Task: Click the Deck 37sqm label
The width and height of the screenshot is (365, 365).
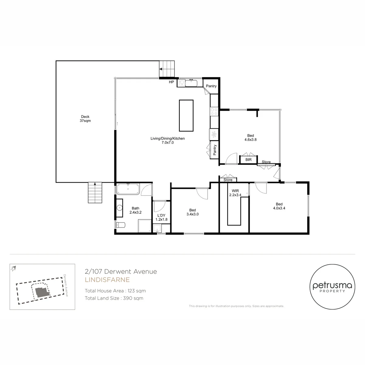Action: coord(85,119)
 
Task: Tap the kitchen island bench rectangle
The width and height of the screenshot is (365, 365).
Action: coord(186,116)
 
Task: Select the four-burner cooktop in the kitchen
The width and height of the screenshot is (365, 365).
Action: coord(214,111)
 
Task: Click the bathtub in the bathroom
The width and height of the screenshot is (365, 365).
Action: coord(128,189)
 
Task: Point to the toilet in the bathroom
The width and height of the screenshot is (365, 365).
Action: coord(120,225)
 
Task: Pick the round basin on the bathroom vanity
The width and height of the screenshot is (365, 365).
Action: coord(120,208)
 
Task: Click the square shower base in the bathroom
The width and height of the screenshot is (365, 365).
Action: coord(145,226)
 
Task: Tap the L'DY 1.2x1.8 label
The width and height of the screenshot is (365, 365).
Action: coord(162,217)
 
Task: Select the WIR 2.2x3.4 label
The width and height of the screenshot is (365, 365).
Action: coord(235,193)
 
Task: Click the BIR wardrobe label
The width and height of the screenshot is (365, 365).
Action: coord(248,160)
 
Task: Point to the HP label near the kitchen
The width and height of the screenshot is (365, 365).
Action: coord(171,82)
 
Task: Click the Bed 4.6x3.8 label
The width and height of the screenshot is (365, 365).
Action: coord(250,137)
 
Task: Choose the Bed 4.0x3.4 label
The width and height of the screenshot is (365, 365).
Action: coord(279,206)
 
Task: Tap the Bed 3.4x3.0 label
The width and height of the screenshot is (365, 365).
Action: coord(193,212)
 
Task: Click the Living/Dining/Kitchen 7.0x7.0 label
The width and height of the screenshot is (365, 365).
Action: coord(167,140)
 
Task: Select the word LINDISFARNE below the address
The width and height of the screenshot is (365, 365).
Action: coord(107,280)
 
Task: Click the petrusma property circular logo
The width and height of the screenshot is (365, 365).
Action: coord(332,287)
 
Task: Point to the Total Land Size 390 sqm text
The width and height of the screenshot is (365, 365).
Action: coord(114,298)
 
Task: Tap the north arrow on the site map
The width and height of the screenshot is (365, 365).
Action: coord(13,268)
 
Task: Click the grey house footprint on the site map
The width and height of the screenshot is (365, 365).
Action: coord(42,292)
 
